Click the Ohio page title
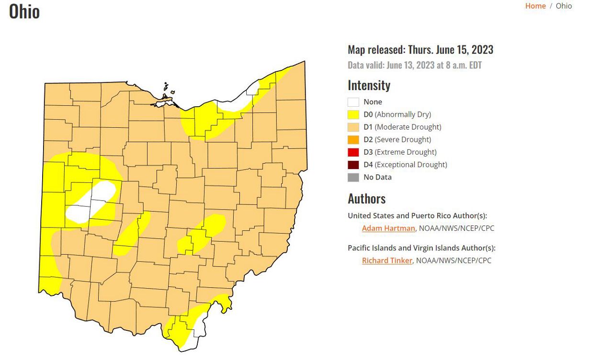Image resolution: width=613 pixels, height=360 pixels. (x=24, y=11)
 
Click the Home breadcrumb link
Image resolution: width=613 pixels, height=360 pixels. (x=535, y=6)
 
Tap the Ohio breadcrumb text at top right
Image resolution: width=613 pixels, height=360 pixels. (x=564, y=6)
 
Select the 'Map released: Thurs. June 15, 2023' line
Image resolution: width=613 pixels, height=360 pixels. (x=420, y=50)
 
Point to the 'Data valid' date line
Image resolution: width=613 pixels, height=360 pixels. (x=414, y=66)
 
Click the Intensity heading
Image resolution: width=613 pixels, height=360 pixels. (x=369, y=86)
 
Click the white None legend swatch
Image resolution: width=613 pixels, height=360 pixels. (x=353, y=102)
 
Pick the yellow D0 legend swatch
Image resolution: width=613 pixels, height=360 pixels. (x=353, y=114)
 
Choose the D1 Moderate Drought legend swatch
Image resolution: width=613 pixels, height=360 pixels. (x=353, y=127)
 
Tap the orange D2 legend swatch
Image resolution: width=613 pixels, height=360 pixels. (x=353, y=140)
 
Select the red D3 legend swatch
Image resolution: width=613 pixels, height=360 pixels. (x=353, y=152)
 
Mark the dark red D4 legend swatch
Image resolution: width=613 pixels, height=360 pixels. (x=353, y=165)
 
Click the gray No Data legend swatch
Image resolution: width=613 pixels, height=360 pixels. (x=353, y=177)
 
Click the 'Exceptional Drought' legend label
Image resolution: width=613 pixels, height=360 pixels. (x=411, y=165)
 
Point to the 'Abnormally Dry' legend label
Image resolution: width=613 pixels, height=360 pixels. (x=403, y=114)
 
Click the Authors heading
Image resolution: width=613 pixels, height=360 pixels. (x=366, y=199)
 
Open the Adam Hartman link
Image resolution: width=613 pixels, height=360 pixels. (x=388, y=228)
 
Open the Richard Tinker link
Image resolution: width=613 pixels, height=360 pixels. (x=387, y=261)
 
